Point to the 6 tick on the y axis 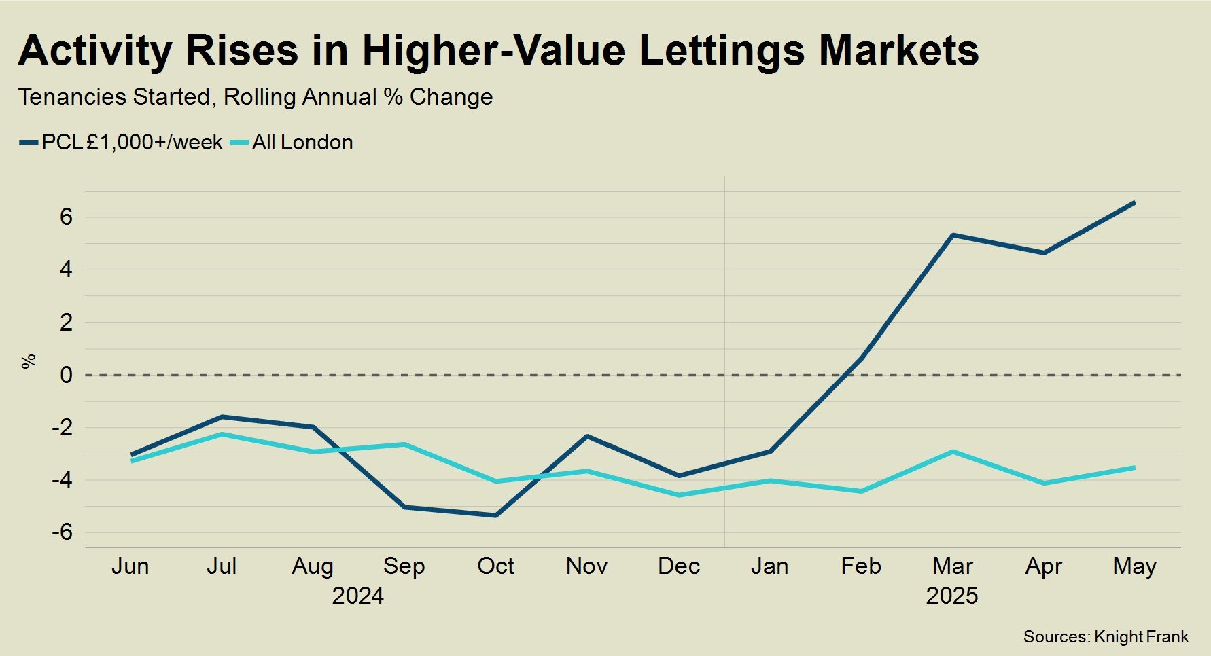66,217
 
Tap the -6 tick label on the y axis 62,532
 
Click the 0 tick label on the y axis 66,375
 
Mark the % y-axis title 29,361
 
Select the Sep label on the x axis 404,566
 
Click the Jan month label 769,566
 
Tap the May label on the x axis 1134,566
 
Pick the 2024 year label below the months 357,596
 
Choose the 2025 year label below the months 951,596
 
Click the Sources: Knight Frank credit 1106,637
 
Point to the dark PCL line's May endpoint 1134,202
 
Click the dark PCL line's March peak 952,235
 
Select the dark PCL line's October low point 495,515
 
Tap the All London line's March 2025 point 952,452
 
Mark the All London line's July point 222,434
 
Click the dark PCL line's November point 587,436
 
